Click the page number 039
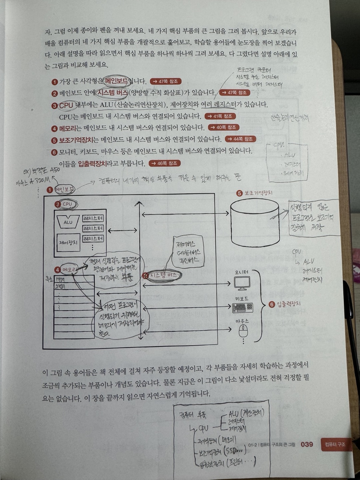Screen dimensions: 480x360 [307, 444]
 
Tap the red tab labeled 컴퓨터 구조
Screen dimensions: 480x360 [335, 444]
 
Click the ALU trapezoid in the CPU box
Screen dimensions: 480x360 [68, 221]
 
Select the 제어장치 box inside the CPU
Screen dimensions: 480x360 [68, 243]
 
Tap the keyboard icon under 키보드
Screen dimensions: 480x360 [242, 308]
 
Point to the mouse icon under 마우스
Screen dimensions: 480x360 [243, 331]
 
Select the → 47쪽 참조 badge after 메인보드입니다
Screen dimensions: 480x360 [166, 81]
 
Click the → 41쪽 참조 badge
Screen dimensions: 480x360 [220, 116]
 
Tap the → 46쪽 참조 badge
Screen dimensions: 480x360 [165, 163]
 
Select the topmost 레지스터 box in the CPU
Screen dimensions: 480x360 [93, 218]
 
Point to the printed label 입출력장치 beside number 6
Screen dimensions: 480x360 [289, 304]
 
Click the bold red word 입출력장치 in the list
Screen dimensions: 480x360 [93, 164]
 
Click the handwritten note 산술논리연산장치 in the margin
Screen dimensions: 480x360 [290, 118]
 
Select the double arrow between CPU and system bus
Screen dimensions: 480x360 [122, 230]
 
